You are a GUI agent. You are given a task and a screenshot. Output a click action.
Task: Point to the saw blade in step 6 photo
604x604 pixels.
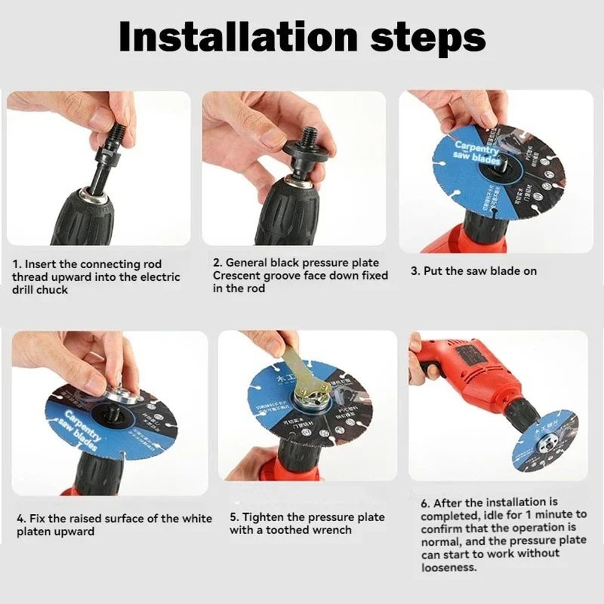point(544,440)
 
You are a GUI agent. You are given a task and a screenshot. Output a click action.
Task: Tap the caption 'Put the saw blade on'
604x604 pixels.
point(474,271)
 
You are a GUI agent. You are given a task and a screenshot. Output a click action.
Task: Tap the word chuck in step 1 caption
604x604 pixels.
point(53,289)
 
